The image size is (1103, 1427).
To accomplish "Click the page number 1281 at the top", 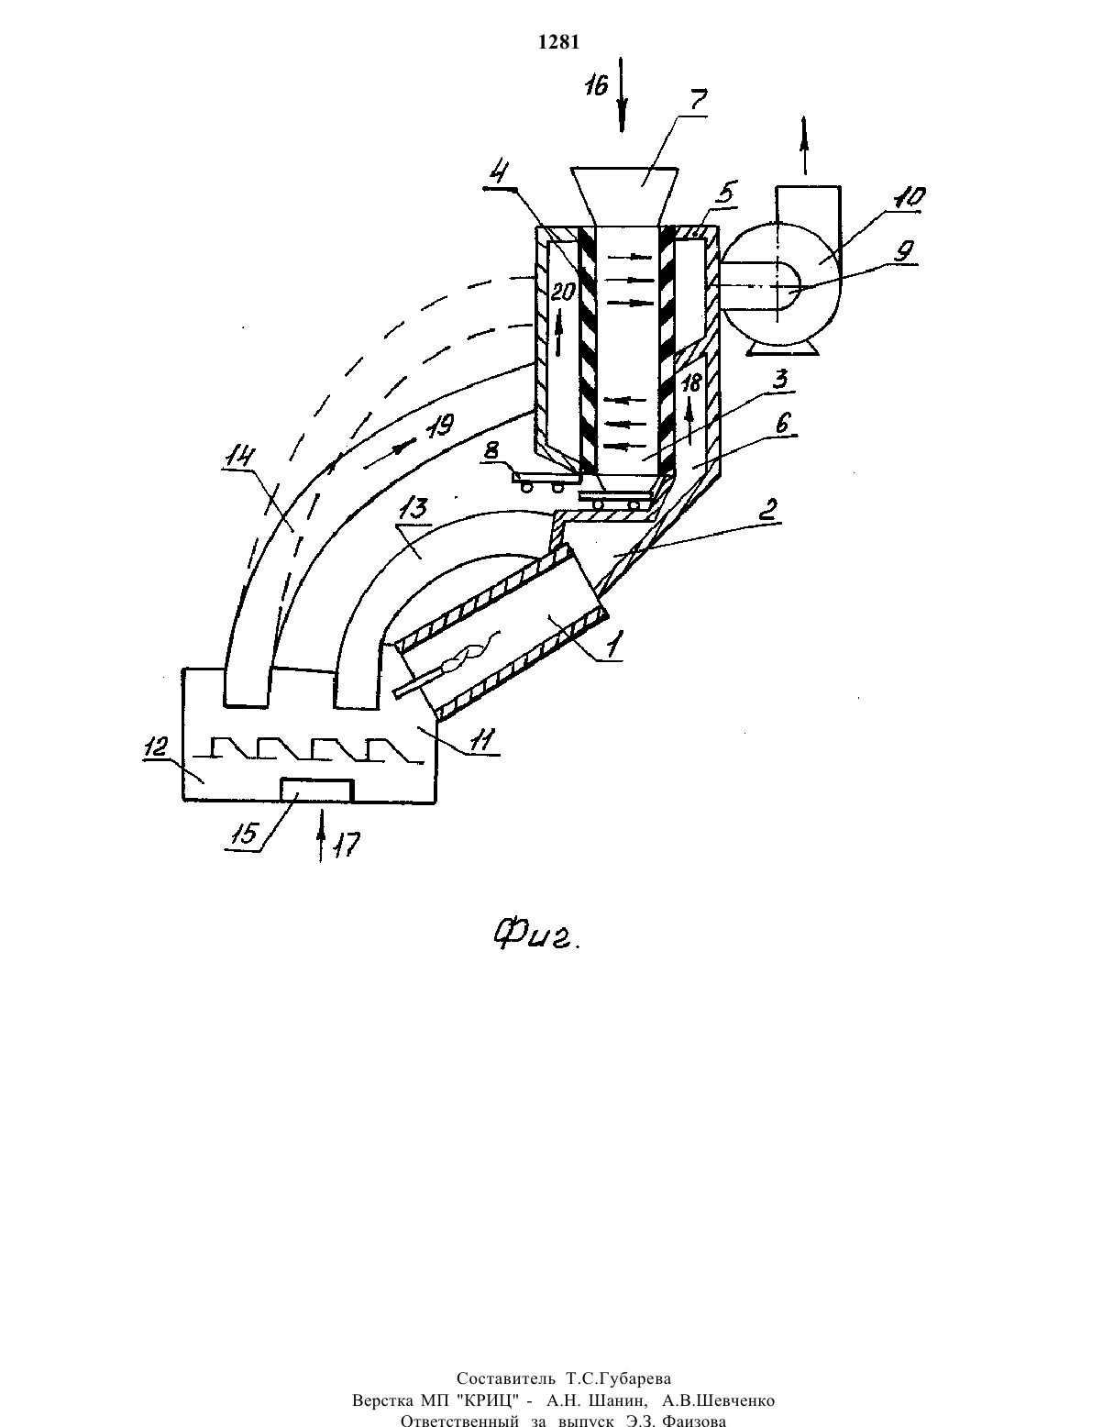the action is tap(558, 42).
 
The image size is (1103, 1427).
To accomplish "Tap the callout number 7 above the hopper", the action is tap(697, 101).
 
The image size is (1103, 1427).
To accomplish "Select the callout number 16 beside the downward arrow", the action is tap(597, 84).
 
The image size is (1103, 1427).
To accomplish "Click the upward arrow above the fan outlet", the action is tap(804, 146).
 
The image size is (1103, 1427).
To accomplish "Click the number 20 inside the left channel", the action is tap(562, 293).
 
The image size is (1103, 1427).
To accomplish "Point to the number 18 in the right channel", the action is tap(692, 383).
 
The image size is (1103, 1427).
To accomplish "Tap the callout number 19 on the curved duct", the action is tap(441, 426).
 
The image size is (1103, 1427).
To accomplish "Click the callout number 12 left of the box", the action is tap(156, 747).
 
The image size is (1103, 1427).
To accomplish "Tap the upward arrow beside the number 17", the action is tap(321, 836).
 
